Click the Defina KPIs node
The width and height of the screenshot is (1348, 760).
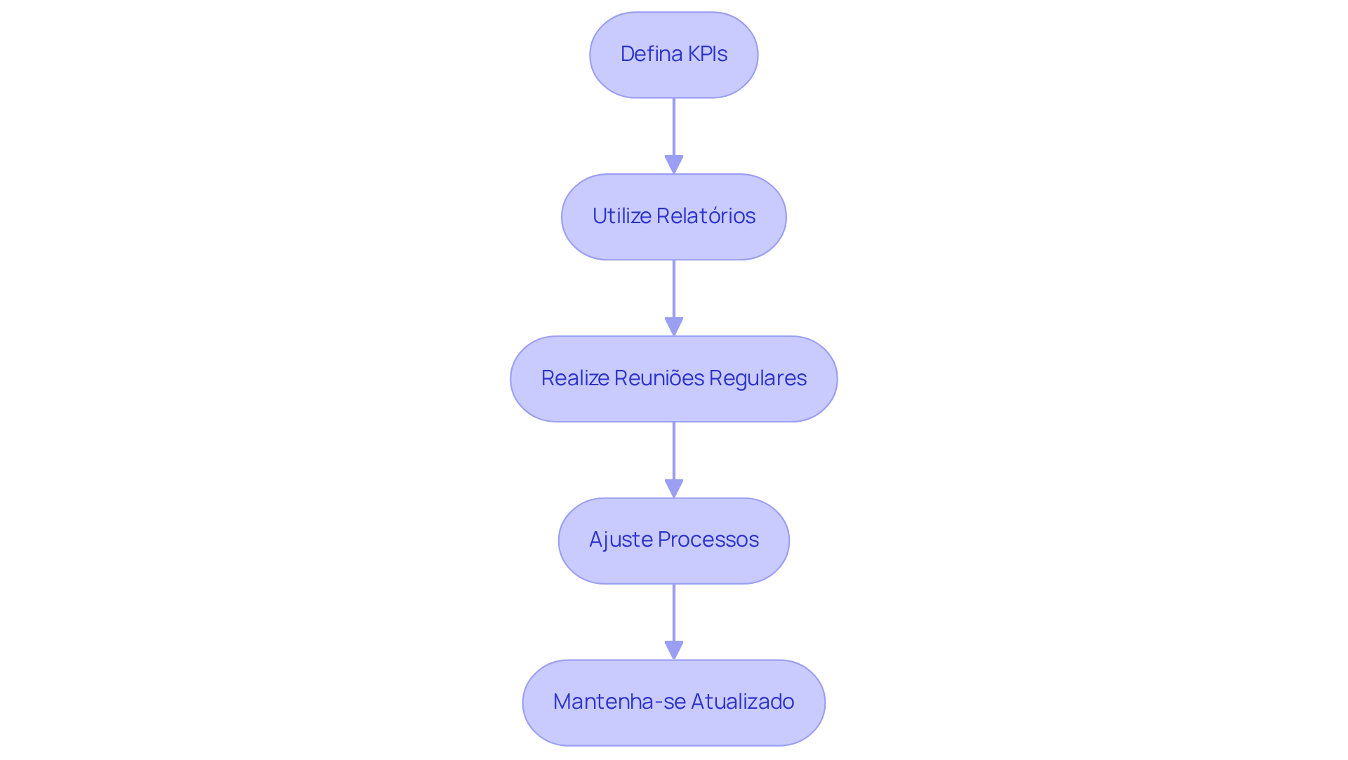673,55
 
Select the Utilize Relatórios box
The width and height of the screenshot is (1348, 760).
673,217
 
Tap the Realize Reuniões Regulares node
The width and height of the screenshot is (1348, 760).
673,379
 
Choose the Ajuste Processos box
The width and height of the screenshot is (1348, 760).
673,541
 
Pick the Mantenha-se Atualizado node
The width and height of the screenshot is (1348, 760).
673,702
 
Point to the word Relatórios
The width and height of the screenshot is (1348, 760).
706,216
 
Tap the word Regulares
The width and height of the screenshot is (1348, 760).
758,378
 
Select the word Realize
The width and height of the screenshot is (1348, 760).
575,378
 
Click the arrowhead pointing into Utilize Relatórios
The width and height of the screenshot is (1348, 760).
674,165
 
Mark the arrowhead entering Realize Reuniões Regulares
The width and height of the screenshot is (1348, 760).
674,327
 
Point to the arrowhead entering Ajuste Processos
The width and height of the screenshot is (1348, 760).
674,489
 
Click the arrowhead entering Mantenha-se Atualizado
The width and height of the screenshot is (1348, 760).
674,651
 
